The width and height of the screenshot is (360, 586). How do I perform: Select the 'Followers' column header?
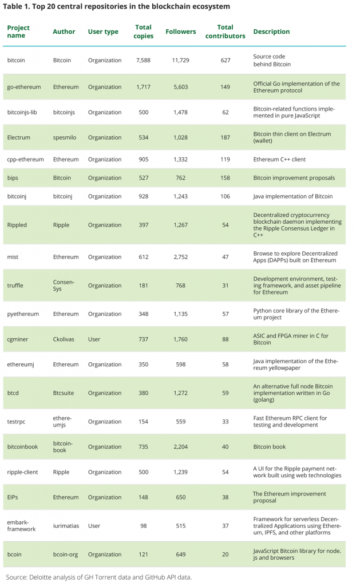(180, 31)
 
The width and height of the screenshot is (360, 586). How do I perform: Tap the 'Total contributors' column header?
(226, 31)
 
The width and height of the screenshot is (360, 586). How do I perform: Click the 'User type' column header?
(102, 31)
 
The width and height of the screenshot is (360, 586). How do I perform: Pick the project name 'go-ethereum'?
(24, 87)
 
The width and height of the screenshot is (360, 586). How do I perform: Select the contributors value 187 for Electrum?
(225, 137)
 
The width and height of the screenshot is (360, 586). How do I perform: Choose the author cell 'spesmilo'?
(66, 137)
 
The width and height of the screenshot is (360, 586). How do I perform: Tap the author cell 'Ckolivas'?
(65, 339)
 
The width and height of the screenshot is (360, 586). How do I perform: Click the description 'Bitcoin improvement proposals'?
(294, 178)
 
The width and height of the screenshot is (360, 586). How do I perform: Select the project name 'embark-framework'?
(22, 525)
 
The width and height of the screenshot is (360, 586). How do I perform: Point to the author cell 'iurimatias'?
(68, 525)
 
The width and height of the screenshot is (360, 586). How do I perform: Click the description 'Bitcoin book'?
(269, 447)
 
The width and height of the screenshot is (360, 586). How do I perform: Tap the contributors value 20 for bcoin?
(225, 555)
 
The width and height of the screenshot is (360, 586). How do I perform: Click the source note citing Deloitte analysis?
(99, 577)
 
